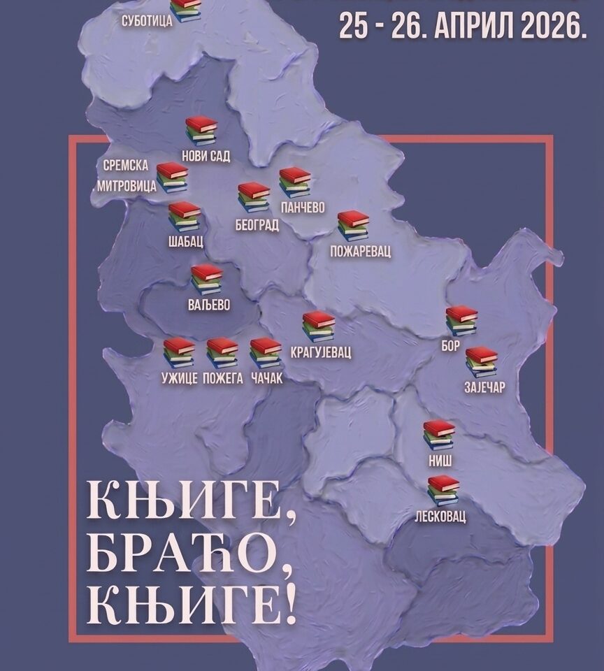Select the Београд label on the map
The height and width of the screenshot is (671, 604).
[257, 224]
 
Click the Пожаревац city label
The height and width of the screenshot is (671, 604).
[360, 250]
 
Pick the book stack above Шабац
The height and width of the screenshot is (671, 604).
[185, 216]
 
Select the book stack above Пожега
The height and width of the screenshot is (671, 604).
[222, 353]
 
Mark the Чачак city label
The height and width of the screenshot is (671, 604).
[266, 380]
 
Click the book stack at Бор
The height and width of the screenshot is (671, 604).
[461, 320]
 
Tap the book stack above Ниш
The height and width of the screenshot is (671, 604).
[439, 433]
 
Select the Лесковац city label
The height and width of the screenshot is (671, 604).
[445, 518]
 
